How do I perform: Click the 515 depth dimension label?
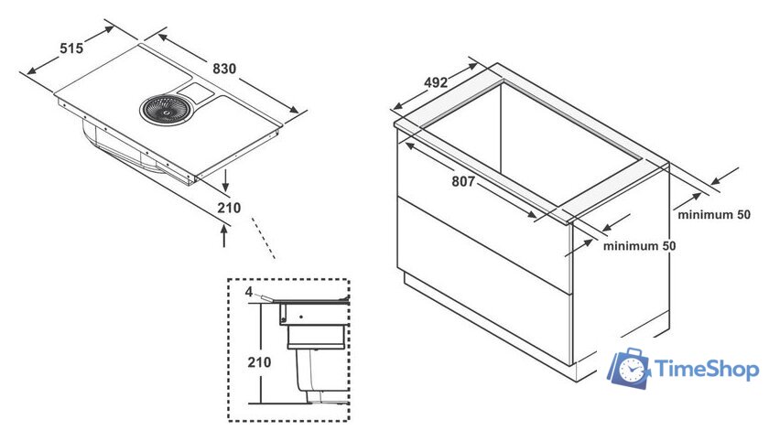(x=71, y=48)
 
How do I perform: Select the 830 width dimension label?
(x=224, y=70)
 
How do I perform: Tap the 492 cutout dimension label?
(x=436, y=83)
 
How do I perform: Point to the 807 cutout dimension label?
(x=463, y=182)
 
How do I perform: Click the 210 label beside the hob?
(x=229, y=209)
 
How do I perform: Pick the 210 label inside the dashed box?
(x=259, y=362)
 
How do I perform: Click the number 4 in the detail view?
(x=249, y=293)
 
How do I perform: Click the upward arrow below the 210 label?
(x=224, y=235)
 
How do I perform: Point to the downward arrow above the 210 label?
(x=225, y=180)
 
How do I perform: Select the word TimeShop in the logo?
(x=707, y=369)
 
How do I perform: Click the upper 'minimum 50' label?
(x=714, y=215)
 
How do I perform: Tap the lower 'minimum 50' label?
(x=640, y=245)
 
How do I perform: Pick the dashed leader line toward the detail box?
(x=264, y=238)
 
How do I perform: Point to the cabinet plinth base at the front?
(x=491, y=328)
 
